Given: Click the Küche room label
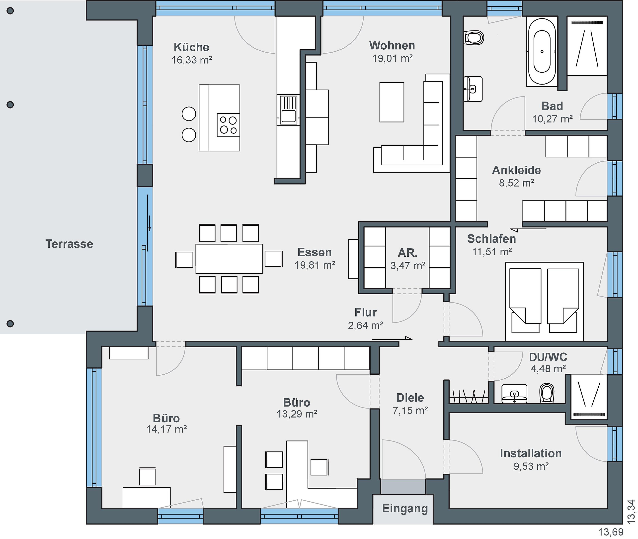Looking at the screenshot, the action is [191, 47].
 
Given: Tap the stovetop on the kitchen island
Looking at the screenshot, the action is [228, 125].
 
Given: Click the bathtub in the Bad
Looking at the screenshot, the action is [542, 51].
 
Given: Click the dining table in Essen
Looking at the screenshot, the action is [229, 258].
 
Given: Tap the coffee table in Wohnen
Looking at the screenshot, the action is [392, 102].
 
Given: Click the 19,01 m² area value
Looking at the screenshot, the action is [392, 58].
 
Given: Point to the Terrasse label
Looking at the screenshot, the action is [69, 244].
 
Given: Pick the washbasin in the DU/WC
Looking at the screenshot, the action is [514, 394].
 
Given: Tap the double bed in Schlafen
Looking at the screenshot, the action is [544, 301].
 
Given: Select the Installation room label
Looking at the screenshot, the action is [531, 453].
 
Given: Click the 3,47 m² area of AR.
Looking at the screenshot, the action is [408, 266].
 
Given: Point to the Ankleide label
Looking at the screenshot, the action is [516, 170].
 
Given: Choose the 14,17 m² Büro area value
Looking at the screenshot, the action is [166, 429].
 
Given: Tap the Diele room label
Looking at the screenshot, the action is [410, 398].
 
